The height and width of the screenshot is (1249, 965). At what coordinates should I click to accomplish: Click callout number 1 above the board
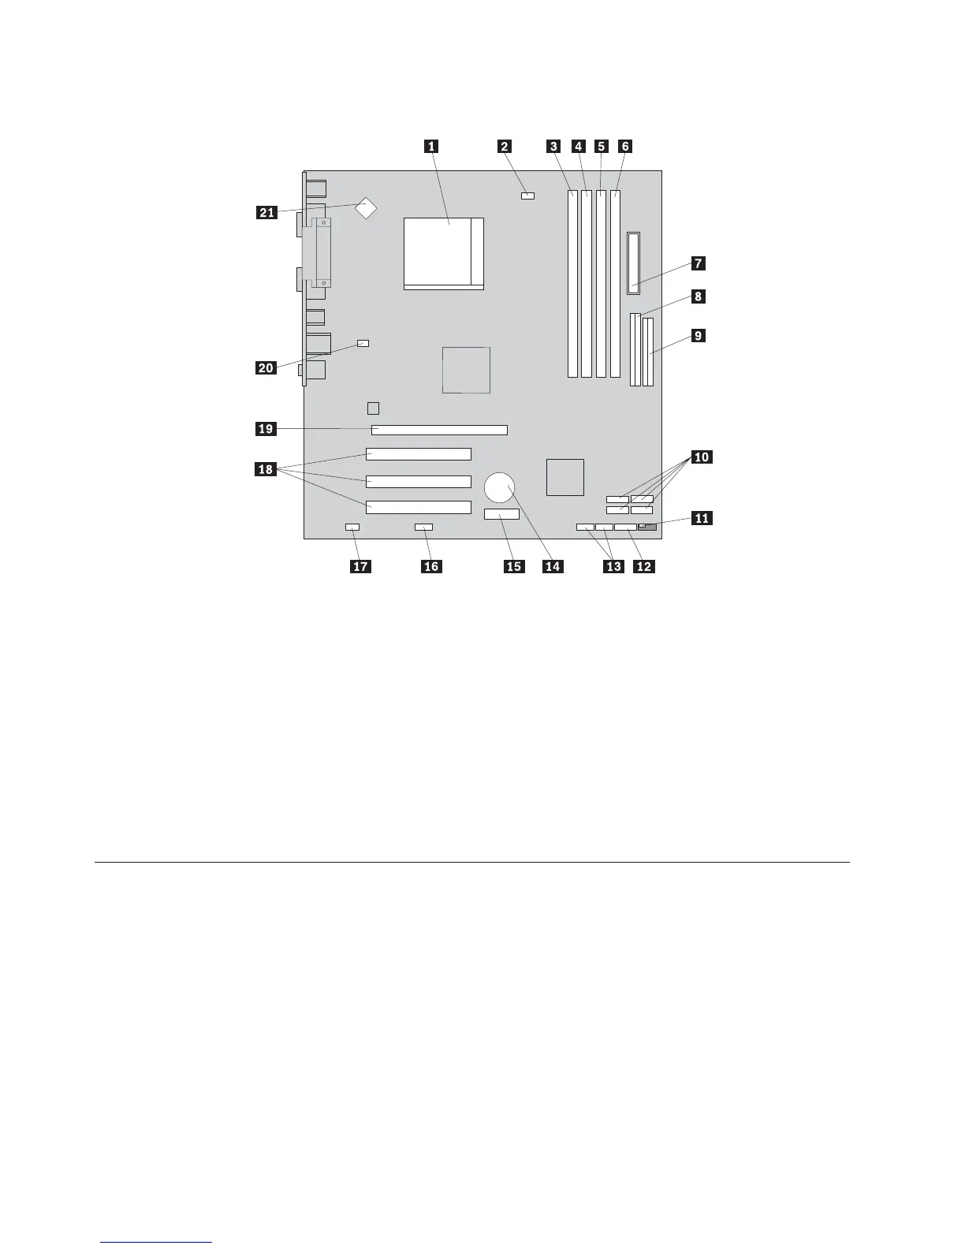tap(430, 146)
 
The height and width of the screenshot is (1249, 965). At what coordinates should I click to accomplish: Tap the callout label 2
tap(504, 146)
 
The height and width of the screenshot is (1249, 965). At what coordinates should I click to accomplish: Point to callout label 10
tap(700, 457)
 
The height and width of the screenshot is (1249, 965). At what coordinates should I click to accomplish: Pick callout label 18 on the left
tap(266, 471)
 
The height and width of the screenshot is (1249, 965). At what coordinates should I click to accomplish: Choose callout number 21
tap(266, 212)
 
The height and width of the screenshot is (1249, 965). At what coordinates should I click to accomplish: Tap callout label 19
tap(266, 429)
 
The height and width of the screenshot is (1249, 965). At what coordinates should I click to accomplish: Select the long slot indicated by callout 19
tap(439, 431)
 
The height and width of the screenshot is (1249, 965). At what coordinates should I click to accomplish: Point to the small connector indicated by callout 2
tap(527, 194)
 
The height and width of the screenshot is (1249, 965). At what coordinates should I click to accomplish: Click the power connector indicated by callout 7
tap(635, 263)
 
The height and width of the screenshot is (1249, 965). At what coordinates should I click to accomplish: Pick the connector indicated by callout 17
tap(352, 527)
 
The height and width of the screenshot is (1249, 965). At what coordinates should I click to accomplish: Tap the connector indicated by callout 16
tap(424, 527)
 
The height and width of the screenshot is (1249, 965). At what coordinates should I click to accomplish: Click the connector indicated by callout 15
tap(501, 515)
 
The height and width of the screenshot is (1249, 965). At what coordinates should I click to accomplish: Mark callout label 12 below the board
tap(643, 565)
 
